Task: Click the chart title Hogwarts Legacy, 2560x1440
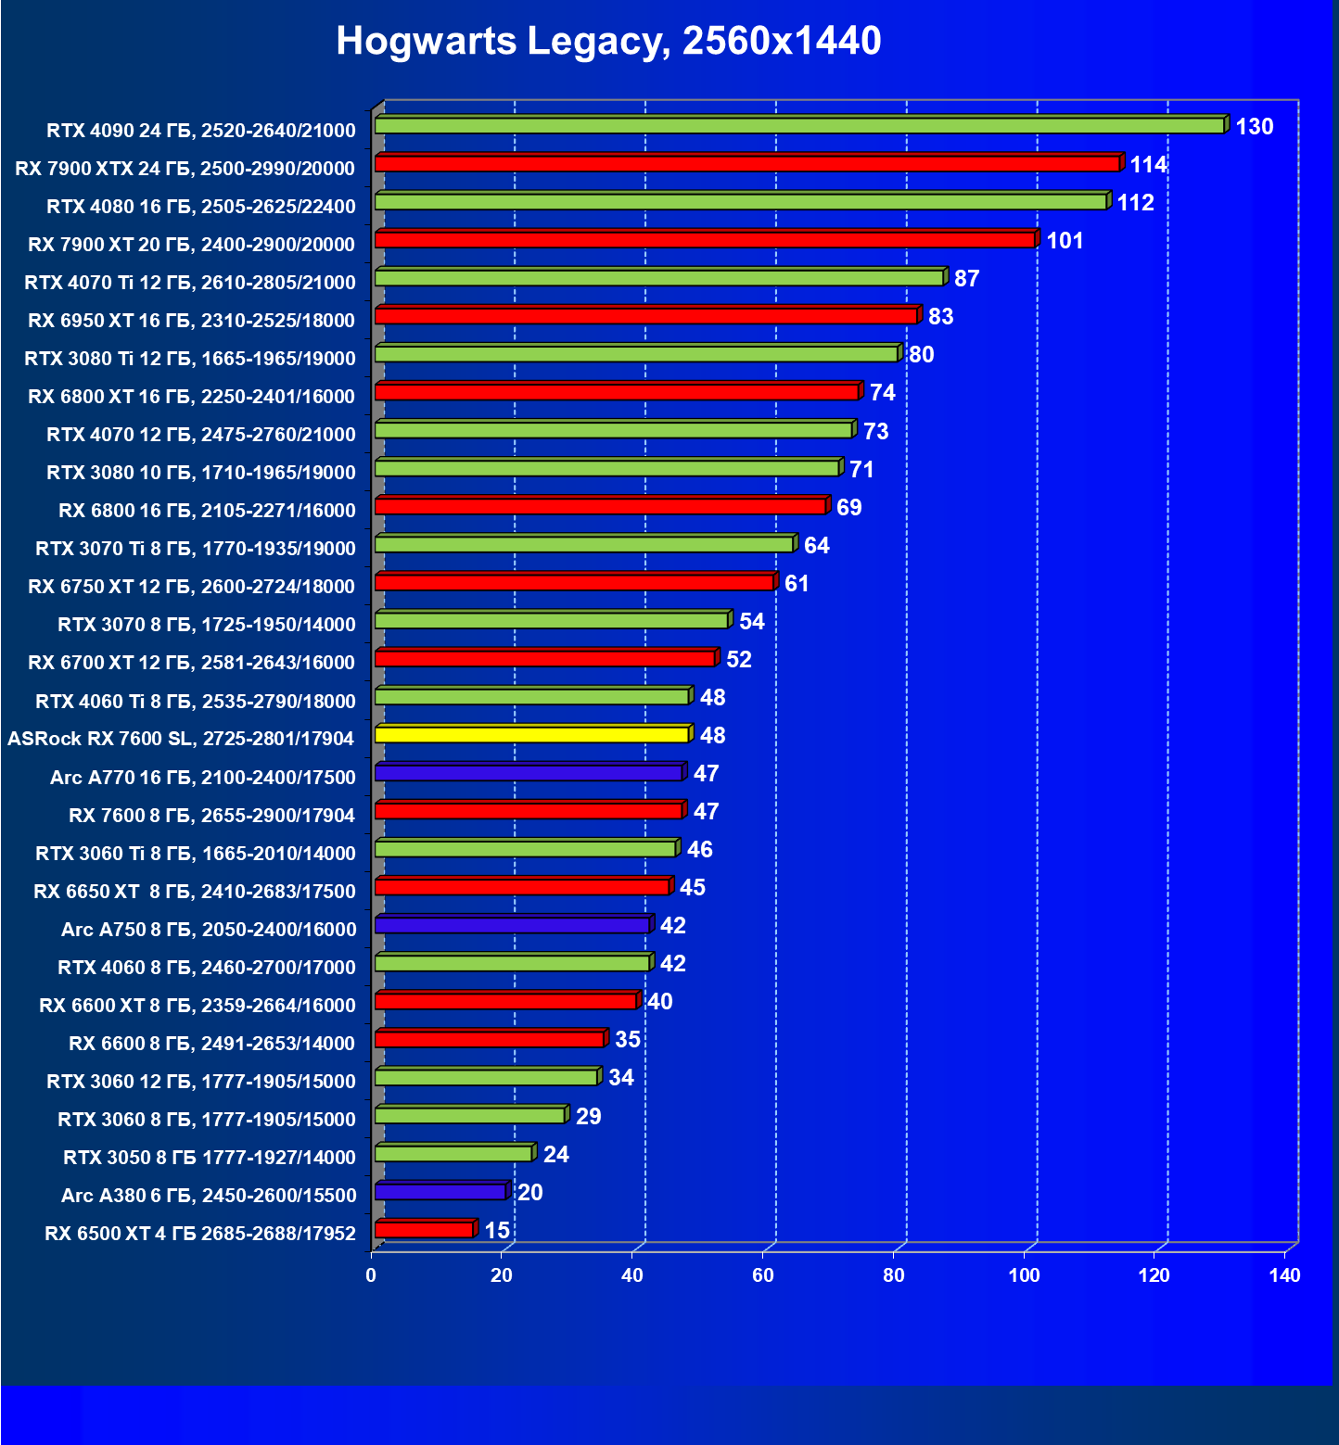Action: click(x=608, y=41)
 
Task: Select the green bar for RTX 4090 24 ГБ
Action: click(x=799, y=125)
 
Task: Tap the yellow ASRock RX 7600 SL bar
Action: click(x=531, y=735)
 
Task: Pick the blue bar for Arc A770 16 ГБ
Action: click(x=529, y=773)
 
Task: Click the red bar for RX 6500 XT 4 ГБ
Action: click(x=425, y=1230)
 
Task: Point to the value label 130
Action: click(x=1254, y=127)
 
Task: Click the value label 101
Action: click(x=1065, y=241)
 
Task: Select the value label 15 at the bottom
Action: click(x=497, y=1230)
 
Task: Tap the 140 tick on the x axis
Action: click(x=1284, y=1275)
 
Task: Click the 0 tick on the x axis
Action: click(x=371, y=1275)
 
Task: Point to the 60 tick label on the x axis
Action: click(x=763, y=1275)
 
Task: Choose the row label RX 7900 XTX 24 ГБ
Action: click(x=185, y=169)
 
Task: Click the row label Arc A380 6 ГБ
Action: click(x=209, y=1196)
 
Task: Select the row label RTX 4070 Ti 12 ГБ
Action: click(x=190, y=283)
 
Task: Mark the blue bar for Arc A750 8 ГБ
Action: click(x=512, y=925)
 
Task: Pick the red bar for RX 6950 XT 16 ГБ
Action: click(x=645, y=316)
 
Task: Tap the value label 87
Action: click(x=966, y=279)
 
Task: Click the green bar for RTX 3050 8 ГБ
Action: click(x=453, y=1153)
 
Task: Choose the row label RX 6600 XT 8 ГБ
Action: click(x=198, y=1006)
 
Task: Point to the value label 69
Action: click(x=848, y=508)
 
